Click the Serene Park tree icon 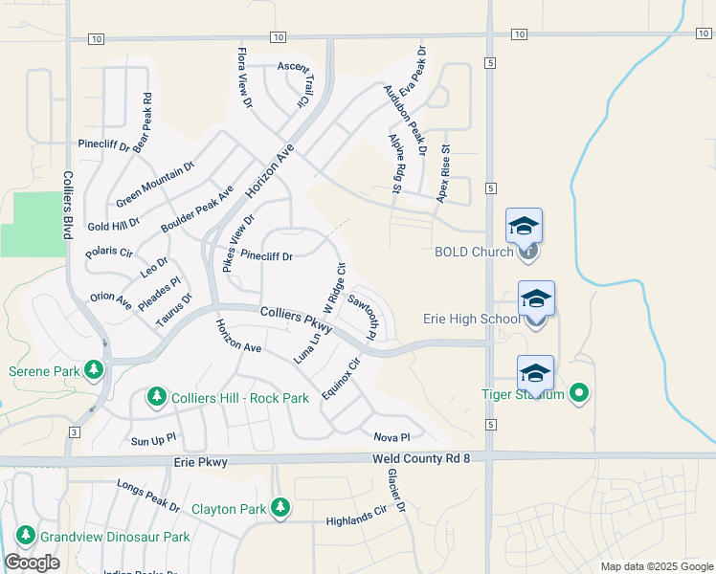click(x=93, y=369)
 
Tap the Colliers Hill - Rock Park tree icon click(x=157, y=396)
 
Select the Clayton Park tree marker click(x=280, y=507)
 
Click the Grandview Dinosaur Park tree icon click(x=26, y=536)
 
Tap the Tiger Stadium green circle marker click(x=578, y=392)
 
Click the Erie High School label click(x=472, y=319)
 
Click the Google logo click(x=32, y=563)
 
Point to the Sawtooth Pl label click(x=365, y=317)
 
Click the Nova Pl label click(x=392, y=436)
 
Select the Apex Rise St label click(x=443, y=173)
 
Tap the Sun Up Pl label click(x=153, y=441)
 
